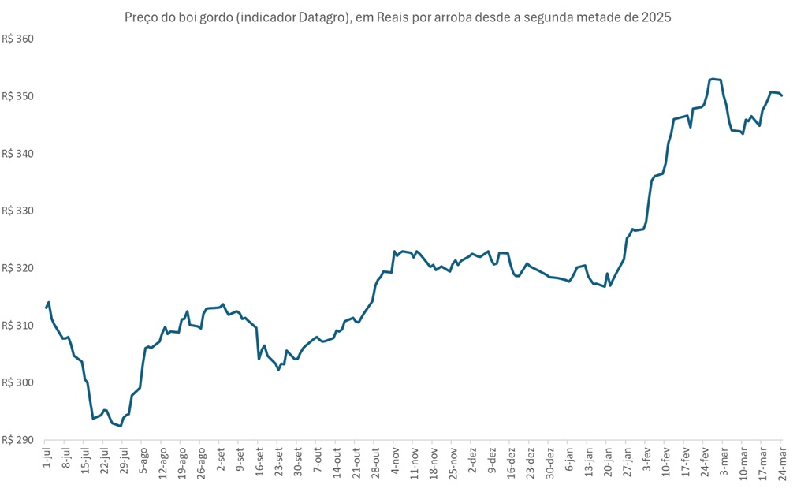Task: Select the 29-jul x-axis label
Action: coord(124,459)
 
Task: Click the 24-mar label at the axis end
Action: coord(782,460)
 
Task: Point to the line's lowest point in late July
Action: coord(121,426)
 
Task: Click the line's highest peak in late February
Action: coord(712,79)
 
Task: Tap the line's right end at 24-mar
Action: coord(781,95)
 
